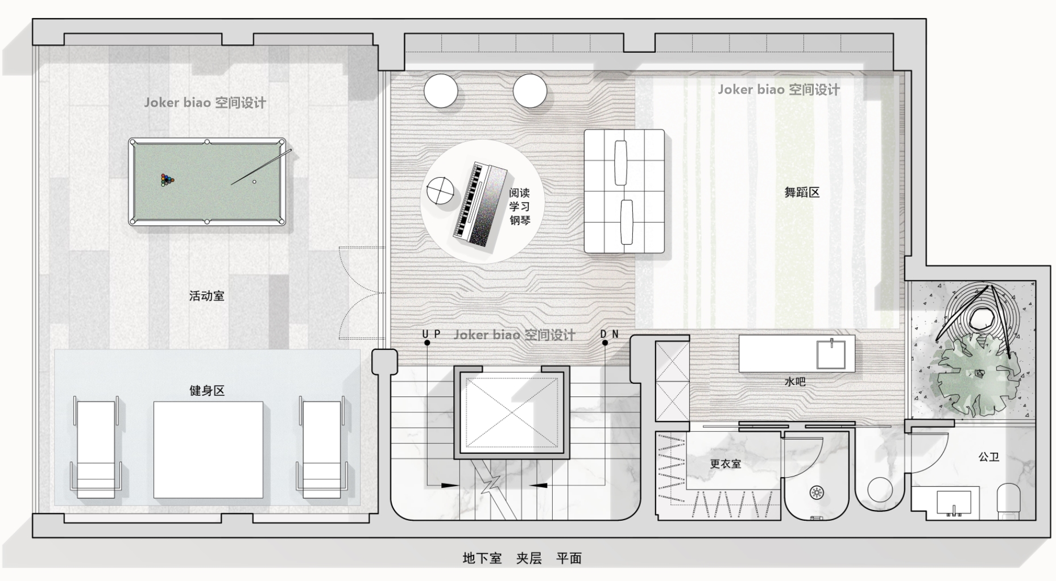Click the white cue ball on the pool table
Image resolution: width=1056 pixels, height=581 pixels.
point(254,182)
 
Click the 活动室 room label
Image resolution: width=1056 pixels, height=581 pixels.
point(206,296)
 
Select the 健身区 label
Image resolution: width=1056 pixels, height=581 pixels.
point(206,391)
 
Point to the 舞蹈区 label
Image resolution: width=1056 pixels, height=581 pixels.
point(802,193)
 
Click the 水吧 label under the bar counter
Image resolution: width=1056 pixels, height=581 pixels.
point(795,382)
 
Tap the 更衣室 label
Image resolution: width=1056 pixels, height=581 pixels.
point(726,464)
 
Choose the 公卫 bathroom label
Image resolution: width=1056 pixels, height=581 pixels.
point(989,457)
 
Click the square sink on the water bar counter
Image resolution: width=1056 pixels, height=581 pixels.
point(832,354)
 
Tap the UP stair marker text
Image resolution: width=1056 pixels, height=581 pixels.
point(432,334)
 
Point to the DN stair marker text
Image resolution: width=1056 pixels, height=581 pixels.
point(610,334)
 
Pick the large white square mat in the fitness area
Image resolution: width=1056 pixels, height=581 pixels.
point(208,450)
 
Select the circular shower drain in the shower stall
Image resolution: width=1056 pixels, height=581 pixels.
point(817,492)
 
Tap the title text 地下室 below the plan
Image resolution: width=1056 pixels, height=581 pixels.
point(482,558)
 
